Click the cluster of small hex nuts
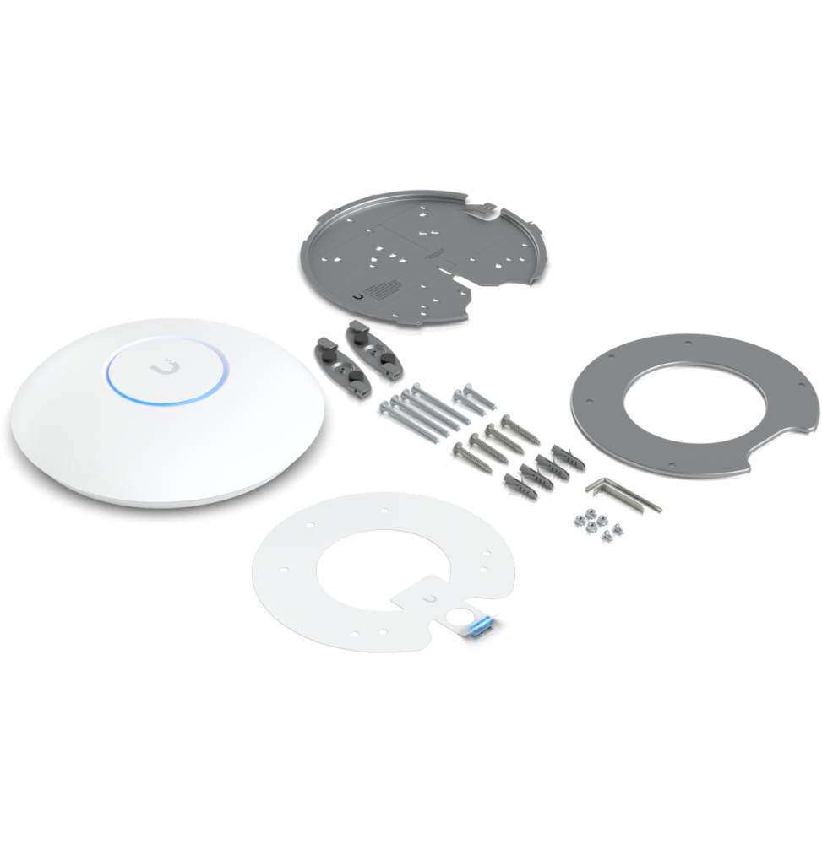coord(595,524)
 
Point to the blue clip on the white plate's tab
coord(480,630)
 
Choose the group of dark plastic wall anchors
coord(537,469)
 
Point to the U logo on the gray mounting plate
coord(362,295)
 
